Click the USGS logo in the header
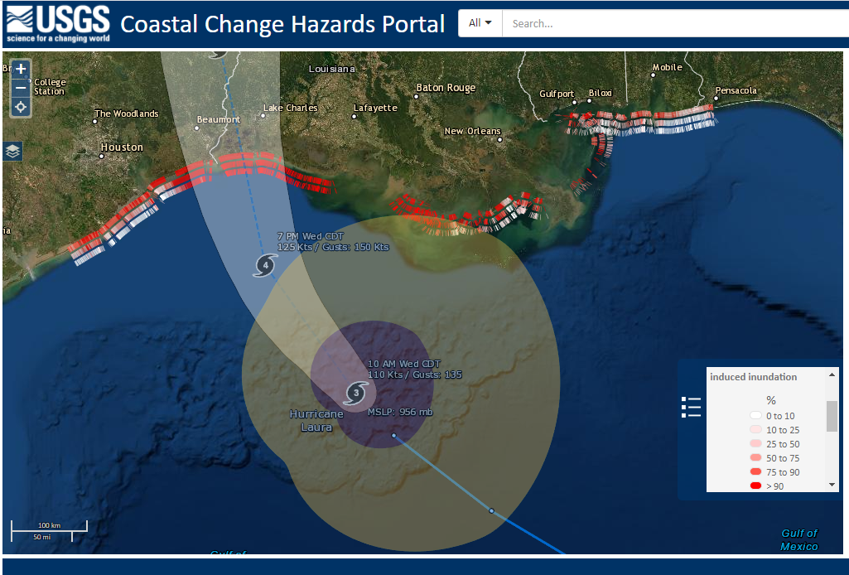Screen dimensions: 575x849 point(57,23)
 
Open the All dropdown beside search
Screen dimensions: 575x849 point(480,23)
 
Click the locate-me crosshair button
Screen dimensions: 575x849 point(21,107)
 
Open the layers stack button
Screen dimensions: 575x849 point(12,151)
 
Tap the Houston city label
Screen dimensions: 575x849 point(122,147)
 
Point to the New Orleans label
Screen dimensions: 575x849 point(472,131)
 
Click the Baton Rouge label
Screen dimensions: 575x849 point(446,88)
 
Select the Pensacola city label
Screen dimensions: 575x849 point(736,90)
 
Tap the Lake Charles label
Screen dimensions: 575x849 point(290,109)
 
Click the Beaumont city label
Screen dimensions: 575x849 point(218,120)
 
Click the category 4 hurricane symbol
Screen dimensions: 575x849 point(264,266)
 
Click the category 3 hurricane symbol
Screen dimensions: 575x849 point(355,393)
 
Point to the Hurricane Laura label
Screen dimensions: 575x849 point(316,420)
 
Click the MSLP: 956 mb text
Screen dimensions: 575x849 point(400,412)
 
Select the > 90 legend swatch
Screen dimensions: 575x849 point(755,486)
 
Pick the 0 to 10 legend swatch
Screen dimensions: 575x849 point(755,416)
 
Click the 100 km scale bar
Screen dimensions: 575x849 point(49,526)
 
